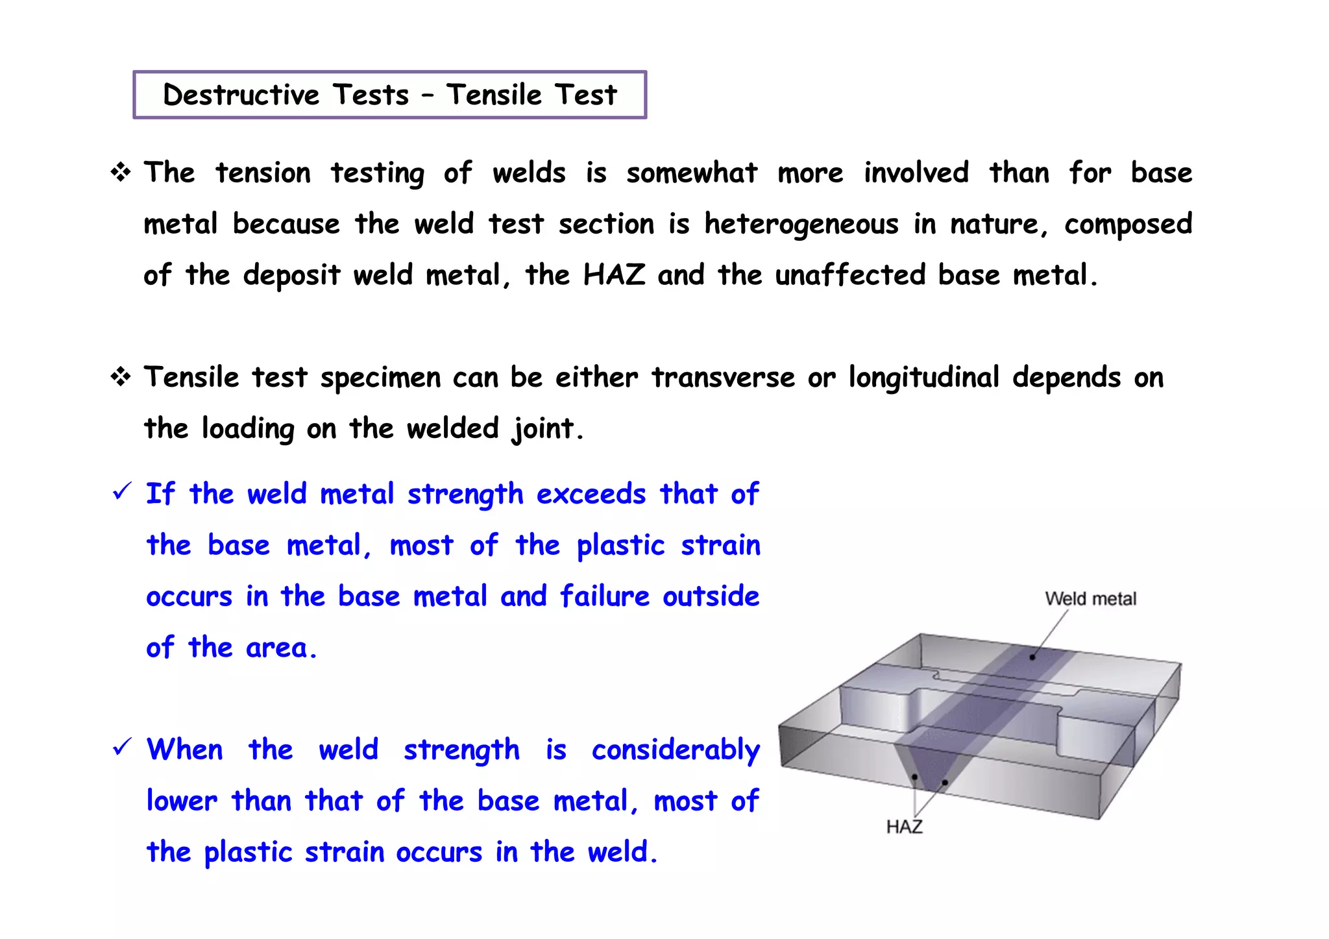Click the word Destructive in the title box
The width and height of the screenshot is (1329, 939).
tap(241, 95)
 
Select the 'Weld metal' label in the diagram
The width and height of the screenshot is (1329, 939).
tap(1090, 598)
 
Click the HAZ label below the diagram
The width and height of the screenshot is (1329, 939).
tap(904, 827)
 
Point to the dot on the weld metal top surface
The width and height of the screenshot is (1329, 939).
tap(1032, 657)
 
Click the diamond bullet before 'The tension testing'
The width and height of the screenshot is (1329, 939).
tap(121, 173)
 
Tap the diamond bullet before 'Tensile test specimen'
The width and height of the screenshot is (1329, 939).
tap(121, 376)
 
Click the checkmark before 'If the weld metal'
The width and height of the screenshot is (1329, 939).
tap(122, 491)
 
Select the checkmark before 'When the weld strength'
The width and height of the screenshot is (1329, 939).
tap(122, 747)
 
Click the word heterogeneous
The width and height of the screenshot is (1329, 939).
tap(801, 225)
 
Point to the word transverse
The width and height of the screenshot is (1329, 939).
tap(723, 378)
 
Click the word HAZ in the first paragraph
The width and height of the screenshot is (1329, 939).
tap(614, 275)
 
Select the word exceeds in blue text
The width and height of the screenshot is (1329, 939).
tap(591, 494)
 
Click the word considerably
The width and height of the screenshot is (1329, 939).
tap(676, 750)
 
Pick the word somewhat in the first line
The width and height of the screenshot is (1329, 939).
tap(692, 173)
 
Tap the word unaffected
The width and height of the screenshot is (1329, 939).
tap(850, 275)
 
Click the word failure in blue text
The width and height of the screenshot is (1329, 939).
tap(604, 596)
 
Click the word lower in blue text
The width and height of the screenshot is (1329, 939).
tap(182, 801)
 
